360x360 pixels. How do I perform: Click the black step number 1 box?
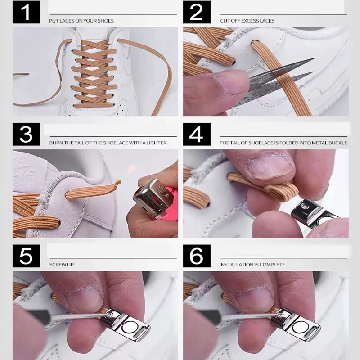[x=26, y=12]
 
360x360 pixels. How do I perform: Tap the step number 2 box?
[x=197, y=12]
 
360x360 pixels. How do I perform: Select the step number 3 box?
[x=26, y=134]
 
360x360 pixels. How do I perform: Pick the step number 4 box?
[x=197, y=134]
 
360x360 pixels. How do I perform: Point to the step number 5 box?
[x=26, y=256]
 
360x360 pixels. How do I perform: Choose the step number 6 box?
[x=197, y=256]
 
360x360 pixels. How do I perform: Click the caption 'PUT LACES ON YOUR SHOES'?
[x=81, y=21]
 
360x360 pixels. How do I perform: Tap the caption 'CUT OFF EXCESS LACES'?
[x=247, y=21]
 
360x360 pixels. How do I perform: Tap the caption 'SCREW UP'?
[x=62, y=265]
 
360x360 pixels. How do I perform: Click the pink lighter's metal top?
[x=152, y=196]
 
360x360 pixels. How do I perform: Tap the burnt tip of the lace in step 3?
[x=118, y=183]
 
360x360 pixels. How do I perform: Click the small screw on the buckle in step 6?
[x=281, y=313]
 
